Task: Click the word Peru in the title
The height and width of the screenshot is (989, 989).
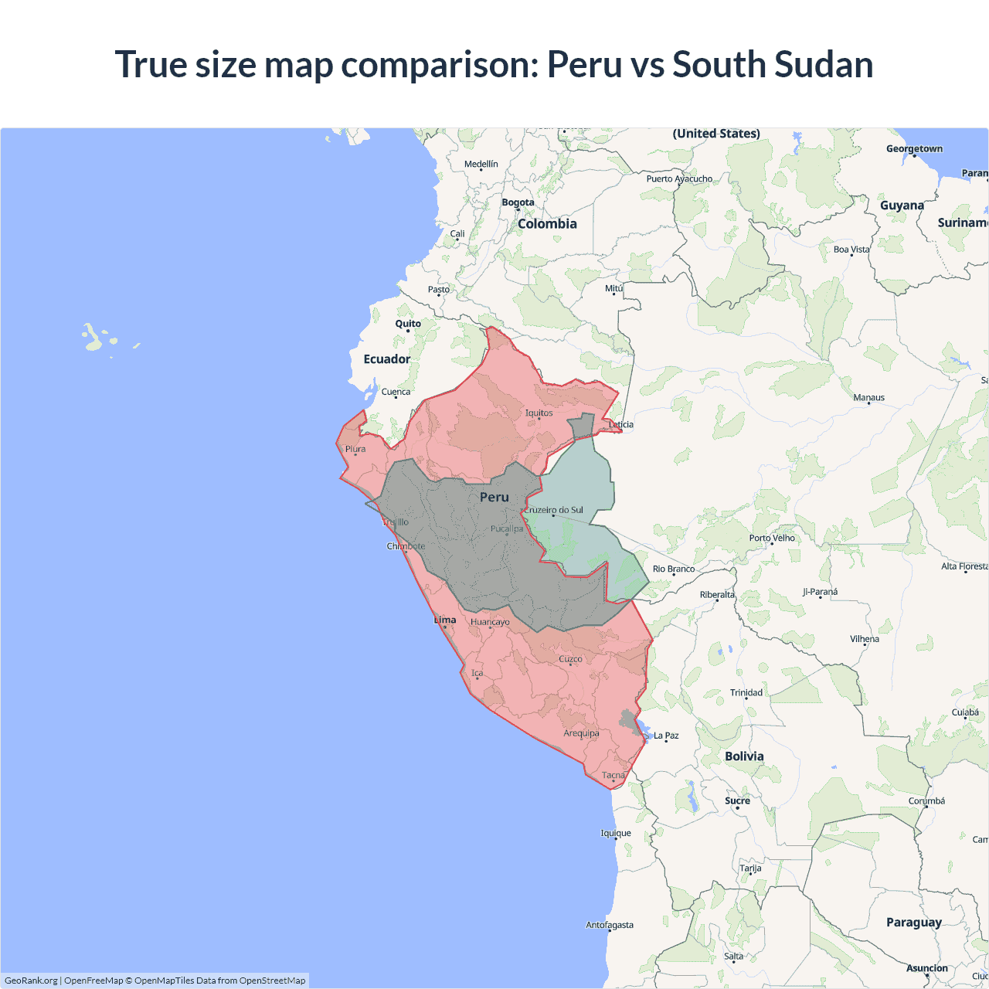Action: pyautogui.click(x=584, y=64)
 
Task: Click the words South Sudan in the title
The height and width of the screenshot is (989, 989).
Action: pyautogui.click(x=772, y=64)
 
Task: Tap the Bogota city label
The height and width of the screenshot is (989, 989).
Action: pyautogui.click(x=518, y=202)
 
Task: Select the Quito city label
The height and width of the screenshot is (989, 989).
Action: pyautogui.click(x=408, y=324)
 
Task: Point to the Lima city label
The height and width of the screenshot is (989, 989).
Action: pyautogui.click(x=445, y=620)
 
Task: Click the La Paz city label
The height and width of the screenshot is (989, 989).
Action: pyautogui.click(x=665, y=736)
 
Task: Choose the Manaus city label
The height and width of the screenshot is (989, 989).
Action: pyautogui.click(x=868, y=397)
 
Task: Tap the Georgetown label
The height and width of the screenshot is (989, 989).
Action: pyautogui.click(x=914, y=148)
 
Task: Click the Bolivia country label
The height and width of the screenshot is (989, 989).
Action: pyautogui.click(x=744, y=756)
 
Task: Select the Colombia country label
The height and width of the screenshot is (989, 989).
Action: pyautogui.click(x=547, y=223)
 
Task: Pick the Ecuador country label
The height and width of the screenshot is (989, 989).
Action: pyautogui.click(x=387, y=359)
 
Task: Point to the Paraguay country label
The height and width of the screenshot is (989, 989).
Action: pyautogui.click(x=913, y=922)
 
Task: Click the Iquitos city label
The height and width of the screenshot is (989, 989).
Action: pyautogui.click(x=539, y=413)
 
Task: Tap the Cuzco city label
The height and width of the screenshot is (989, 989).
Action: pyautogui.click(x=570, y=659)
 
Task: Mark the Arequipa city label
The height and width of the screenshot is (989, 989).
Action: pyautogui.click(x=581, y=733)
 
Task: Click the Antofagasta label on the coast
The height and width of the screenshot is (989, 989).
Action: pyautogui.click(x=609, y=925)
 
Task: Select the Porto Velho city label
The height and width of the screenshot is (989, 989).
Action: pyautogui.click(x=771, y=538)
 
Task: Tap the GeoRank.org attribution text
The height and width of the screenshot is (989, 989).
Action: pyautogui.click(x=31, y=981)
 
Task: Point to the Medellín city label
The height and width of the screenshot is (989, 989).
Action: pyautogui.click(x=481, y=164)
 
